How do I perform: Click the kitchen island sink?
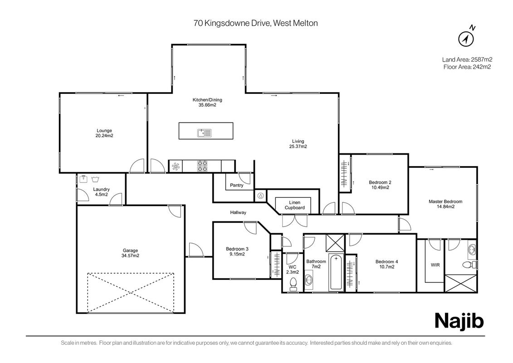(205, 132)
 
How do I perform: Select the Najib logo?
(459, 321)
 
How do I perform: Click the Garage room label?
(130, 251)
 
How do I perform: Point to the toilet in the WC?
(293, 284)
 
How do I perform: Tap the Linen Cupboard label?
(294, 205)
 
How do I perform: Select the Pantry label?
(237, 185)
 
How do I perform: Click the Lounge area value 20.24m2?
(104, 136)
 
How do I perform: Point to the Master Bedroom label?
(445, 201)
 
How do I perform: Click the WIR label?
(435, 265)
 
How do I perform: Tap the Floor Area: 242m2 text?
(467, 67)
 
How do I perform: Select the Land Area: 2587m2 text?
(467, 59)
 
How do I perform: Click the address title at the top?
(255, 23)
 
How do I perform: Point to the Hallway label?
(238, 212)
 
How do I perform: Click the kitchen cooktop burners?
(202, 166)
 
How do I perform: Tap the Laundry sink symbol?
(83, 179)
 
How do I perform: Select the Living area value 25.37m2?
(298, 147)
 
